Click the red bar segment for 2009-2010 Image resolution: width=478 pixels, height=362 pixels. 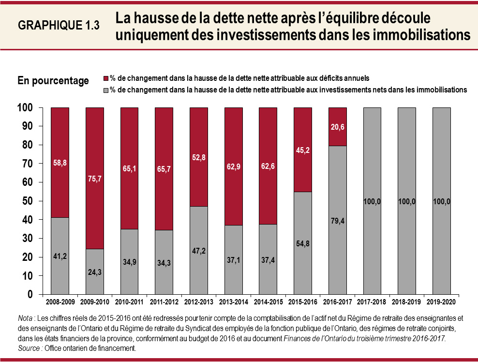point(95,178)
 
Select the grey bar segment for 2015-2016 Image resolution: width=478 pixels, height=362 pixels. point(302,243)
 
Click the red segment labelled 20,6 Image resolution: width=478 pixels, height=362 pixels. point(337,127)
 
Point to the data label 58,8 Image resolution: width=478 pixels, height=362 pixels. point(60,163)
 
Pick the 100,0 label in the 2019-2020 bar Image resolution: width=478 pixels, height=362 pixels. point(441,201)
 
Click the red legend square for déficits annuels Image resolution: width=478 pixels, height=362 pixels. point(106,78)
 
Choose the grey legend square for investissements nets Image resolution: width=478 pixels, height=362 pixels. point(106,90)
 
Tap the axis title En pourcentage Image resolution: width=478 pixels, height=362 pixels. point(53,81)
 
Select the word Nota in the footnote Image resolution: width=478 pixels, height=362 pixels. point(25,318)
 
